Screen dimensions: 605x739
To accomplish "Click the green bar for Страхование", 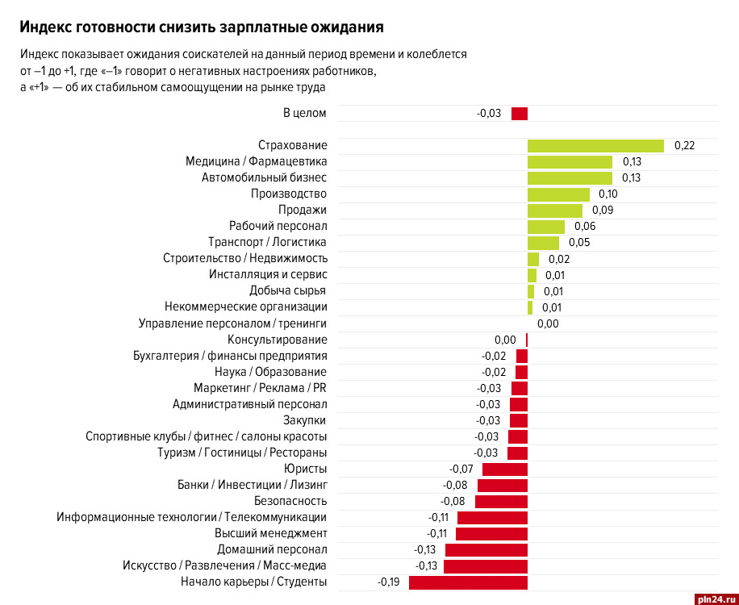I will click(x=595, y=146).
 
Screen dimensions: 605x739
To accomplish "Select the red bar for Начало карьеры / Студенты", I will click(x=468, y=582).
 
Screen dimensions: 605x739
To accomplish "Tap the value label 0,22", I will click(x=684, y=146).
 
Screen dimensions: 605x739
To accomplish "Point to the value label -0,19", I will click(x=389, y=582).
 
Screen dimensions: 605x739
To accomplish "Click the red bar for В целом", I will click(x=520, y=114).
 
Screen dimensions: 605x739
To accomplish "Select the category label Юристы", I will click(x=305, y=469).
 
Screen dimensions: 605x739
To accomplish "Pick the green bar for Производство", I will click(x=559, y=194).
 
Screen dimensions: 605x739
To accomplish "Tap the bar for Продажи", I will click(x=555, y=211).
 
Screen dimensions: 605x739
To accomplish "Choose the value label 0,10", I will click(x=608, y=194).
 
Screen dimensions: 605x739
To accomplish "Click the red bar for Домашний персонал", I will click(x=486, y=550).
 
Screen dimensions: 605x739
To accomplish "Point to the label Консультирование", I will click(x=277, y=340).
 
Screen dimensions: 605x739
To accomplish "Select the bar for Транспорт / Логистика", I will click(x=543, y=243).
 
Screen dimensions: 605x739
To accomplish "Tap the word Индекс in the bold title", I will click(x=44, y=27).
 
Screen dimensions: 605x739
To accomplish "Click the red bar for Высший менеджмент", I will click(x=491, y=534).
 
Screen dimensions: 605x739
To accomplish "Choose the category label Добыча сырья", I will click(x=288, y=291).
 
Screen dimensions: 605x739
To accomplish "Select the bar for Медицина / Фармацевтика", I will click(x=570, y=162).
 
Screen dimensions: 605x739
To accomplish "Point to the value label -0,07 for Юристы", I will click(x=461, y=469).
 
